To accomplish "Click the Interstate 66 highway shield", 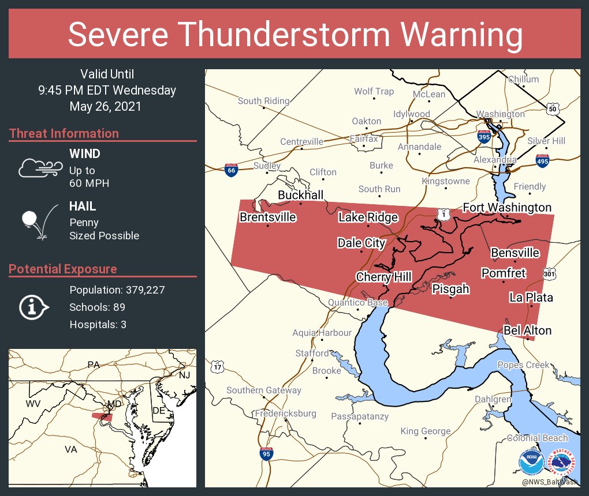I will pos(231,170).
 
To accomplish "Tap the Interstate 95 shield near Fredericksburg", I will pos(266,454).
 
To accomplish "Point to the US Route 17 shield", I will pos(217,366).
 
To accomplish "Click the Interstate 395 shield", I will pos(484,137).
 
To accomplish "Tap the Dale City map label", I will pos(361,243).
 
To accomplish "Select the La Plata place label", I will pos(531,298).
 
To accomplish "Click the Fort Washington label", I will pos(507,207).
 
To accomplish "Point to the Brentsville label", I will pos(267,217).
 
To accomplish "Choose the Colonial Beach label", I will pos(538,438).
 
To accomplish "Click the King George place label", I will pos(425,431).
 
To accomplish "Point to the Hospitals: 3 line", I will pos(98,324).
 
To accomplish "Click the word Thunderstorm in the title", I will pos(296,35).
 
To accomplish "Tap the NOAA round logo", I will pos(531,462).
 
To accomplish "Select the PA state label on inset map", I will pos(93,364).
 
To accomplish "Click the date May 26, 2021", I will pos(105,106).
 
